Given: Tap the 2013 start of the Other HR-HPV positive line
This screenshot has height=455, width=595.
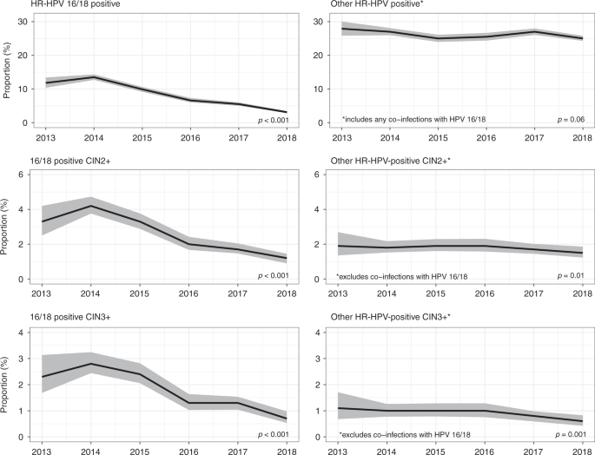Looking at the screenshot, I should pos(342,28).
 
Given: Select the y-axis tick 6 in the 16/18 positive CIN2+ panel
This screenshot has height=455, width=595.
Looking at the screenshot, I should pos(20,175).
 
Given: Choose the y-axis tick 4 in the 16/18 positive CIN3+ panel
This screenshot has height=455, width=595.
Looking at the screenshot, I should pos(20,332).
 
